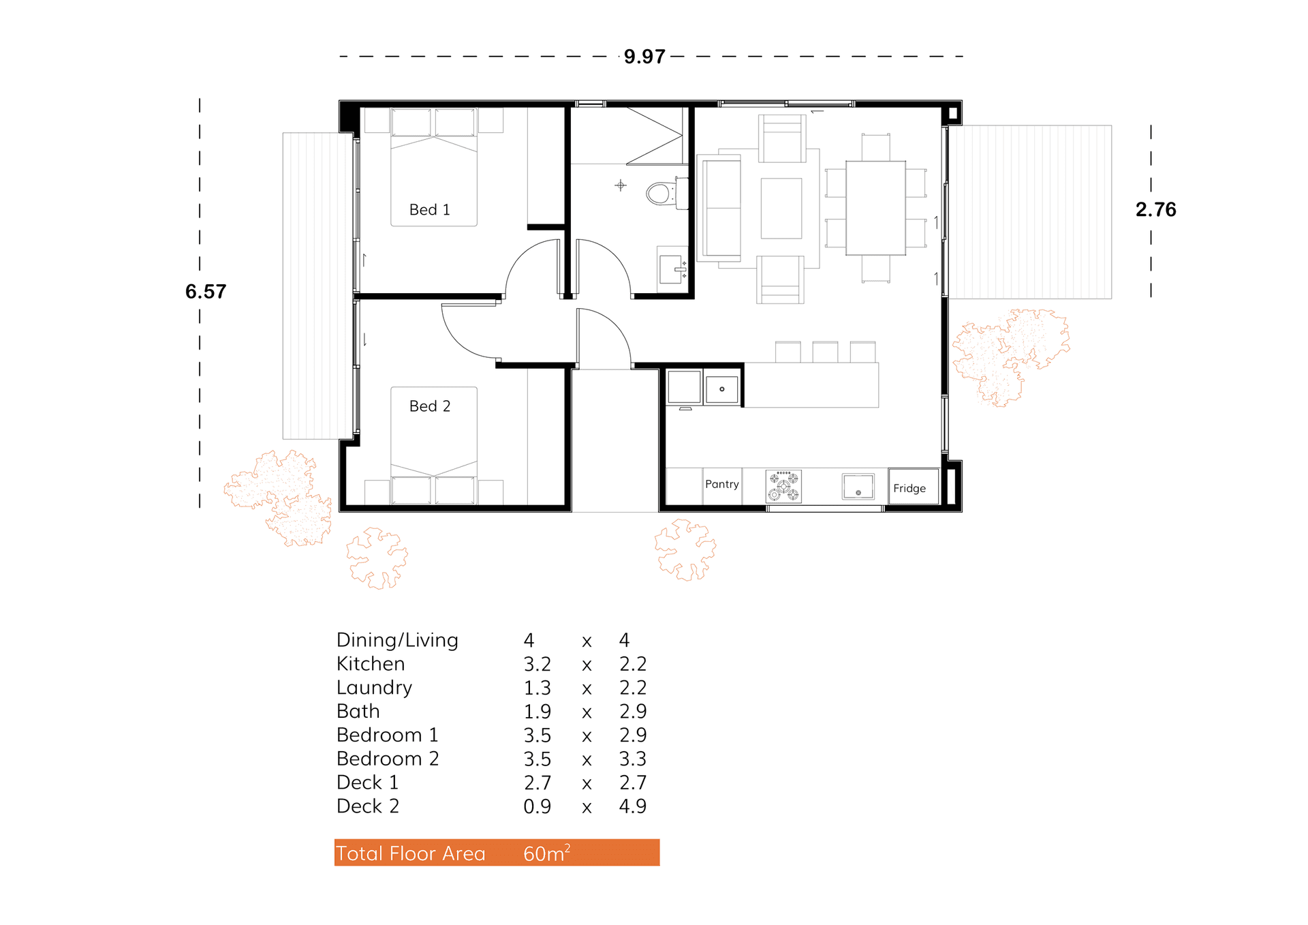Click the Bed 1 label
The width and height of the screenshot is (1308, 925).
429,210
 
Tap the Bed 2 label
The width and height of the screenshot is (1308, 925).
429,406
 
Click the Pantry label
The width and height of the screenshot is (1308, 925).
721,484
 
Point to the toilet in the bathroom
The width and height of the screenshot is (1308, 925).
663,193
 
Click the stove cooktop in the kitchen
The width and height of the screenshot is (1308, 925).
783,486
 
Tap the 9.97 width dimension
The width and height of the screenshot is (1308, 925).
644,57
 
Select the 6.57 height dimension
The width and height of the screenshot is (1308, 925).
205,292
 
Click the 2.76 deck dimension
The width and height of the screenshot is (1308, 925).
1155,209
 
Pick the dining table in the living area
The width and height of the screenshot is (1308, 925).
875,208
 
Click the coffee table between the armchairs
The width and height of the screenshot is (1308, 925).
781,208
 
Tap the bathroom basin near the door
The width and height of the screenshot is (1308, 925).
672,270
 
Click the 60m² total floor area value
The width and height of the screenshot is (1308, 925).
546,853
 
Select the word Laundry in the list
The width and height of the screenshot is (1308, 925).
374,688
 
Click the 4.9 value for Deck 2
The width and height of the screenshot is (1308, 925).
632,806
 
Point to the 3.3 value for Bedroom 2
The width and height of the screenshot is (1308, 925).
632,759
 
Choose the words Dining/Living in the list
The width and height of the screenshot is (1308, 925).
397,640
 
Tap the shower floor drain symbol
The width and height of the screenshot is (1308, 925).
620,185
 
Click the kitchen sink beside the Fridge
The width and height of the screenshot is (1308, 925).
858,487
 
